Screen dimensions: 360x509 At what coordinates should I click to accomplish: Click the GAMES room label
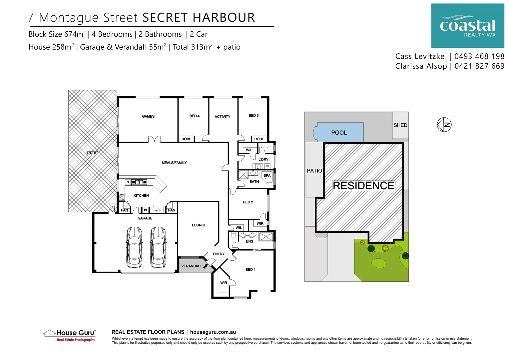point(148,116)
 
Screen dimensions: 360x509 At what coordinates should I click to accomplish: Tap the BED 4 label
point(195,116)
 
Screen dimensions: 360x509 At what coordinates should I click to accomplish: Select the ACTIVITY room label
point(223,117)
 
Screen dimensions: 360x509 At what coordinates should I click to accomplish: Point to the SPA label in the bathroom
point(267,175)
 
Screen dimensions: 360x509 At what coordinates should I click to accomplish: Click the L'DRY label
point(263,159)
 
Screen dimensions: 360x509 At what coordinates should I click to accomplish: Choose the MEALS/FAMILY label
point(174,163)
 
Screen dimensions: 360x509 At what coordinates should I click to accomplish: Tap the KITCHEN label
point(141,196)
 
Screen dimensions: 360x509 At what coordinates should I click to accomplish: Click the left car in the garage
point(135,247)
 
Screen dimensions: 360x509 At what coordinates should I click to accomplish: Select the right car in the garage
point(158,247)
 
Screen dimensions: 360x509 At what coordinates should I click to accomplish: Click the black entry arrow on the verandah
point(206,266)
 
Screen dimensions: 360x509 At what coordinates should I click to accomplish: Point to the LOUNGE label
point(199,225)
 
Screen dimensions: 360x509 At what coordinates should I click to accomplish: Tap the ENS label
point(250,241)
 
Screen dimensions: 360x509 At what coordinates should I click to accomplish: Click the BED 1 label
point(251,270)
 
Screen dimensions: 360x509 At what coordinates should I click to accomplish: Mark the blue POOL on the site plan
point(339,133)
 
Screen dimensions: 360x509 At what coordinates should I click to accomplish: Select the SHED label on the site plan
point(400,125)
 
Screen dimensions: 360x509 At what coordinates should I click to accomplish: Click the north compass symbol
point(444,125)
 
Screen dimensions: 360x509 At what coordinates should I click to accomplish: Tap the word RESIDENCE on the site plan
point(363,186)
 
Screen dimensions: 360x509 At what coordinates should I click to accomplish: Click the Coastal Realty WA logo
point(468,26)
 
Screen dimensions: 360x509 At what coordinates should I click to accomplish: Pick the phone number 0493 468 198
point(479,56)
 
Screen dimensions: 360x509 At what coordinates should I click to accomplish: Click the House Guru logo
point(70,335)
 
